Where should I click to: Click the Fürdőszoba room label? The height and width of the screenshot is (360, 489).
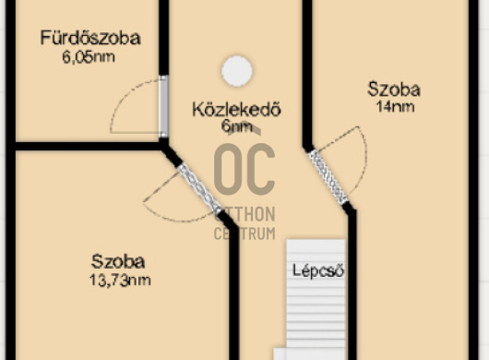(90, 38)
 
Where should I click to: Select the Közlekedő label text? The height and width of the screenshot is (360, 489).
(235, 110)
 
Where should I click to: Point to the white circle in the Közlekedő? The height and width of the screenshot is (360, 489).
(237, 70)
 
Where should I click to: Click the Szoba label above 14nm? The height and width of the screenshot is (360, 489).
(394, 90)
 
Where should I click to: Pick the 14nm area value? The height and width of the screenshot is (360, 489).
(394, 106)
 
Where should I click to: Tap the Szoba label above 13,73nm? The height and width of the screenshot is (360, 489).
(118, 261)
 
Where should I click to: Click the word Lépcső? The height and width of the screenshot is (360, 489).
(318, 271)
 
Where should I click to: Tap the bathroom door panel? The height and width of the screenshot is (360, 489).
(163, 106)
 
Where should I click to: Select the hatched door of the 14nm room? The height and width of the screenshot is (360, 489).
(328, 176)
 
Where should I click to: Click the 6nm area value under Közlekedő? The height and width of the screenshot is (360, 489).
(236, 127)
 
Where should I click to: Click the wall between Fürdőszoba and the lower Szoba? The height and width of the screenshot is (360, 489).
(88, 146)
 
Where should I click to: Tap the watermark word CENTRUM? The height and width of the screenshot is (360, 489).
(245, 233)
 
